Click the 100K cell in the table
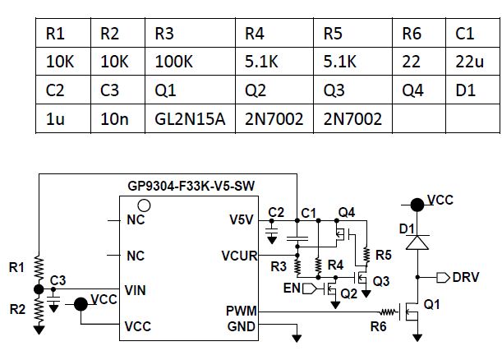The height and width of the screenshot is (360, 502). [x=190, y=62]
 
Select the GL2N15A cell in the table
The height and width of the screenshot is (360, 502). [x=190, y=118]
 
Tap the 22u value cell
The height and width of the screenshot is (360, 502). [x=472, y=62]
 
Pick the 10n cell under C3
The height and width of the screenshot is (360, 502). [x=117, y=118]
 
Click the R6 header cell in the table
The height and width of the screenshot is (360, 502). [x=419, y=34]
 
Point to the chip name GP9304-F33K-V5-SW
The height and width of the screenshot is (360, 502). [x=191, y=186]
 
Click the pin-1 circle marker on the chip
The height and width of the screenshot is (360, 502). [x=144, y=205]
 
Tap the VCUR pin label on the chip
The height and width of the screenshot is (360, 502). [x=239, y=256]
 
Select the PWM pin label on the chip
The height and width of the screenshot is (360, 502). [x=242, y=311]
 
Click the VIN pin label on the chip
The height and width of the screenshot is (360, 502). [x=135, y=290]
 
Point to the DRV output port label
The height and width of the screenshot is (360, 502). [x=466, y=277]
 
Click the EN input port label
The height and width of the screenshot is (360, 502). [x=292, y=288]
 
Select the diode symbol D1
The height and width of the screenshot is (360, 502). [x=417, y=242]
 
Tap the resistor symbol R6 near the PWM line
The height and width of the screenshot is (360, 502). [x=388, y=312]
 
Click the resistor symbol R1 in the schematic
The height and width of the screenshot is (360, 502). [x=39, y=267]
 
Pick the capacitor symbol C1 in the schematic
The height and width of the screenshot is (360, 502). [x=297, y=238]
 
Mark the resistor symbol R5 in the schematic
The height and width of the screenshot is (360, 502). [x=366, y=256]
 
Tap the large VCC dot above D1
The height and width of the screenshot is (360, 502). [x=417, y=205]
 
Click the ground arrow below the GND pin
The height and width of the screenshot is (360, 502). [x=297, y=338]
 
